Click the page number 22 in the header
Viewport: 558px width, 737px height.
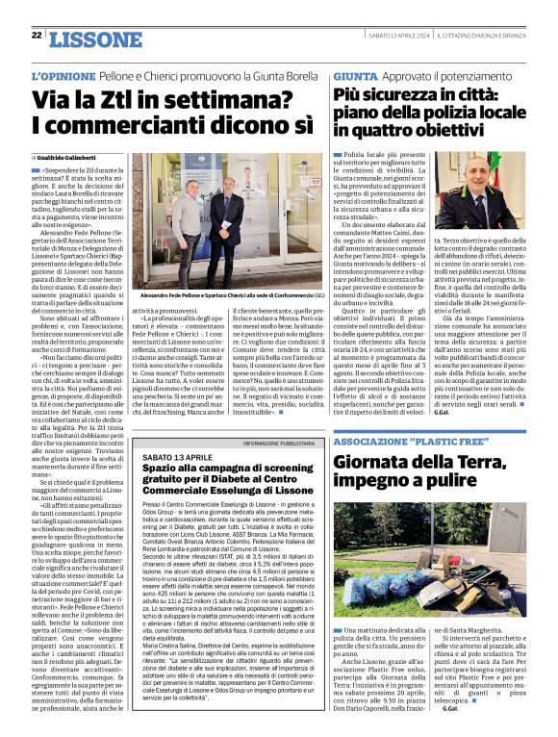pyautogui.click(x=36, y=36)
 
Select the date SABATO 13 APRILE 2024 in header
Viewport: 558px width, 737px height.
pyautogui.click(x=385, y=36)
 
